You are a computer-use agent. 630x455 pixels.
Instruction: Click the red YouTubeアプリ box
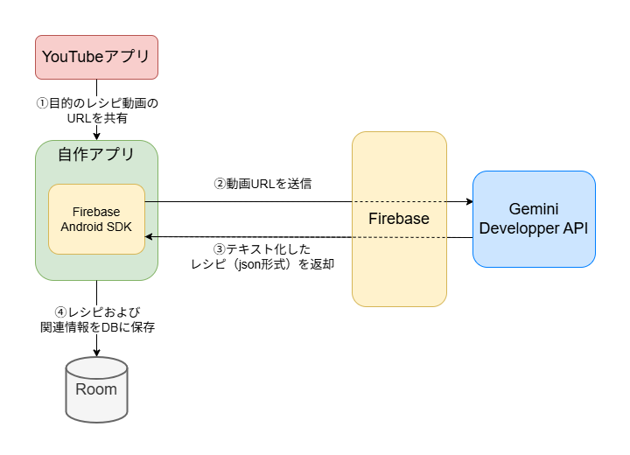96,57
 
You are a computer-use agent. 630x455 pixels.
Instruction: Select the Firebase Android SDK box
96,219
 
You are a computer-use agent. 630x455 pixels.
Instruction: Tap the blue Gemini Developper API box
534,219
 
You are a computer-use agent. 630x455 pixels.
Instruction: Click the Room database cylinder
96,388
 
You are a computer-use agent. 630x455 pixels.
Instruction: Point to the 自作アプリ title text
96,155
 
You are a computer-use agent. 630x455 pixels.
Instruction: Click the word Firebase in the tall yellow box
399,219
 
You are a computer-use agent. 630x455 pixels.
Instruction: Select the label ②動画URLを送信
263,184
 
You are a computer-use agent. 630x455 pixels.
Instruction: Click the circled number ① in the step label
41,103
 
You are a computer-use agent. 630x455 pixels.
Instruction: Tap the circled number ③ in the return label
220,248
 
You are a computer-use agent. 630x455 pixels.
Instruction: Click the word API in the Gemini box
574,227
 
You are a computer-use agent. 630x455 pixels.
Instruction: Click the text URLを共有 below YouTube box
96,118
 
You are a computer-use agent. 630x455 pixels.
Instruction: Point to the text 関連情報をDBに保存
96,327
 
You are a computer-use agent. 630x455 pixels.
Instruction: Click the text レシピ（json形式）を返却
262,263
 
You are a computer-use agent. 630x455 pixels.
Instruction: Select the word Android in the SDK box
81,227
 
